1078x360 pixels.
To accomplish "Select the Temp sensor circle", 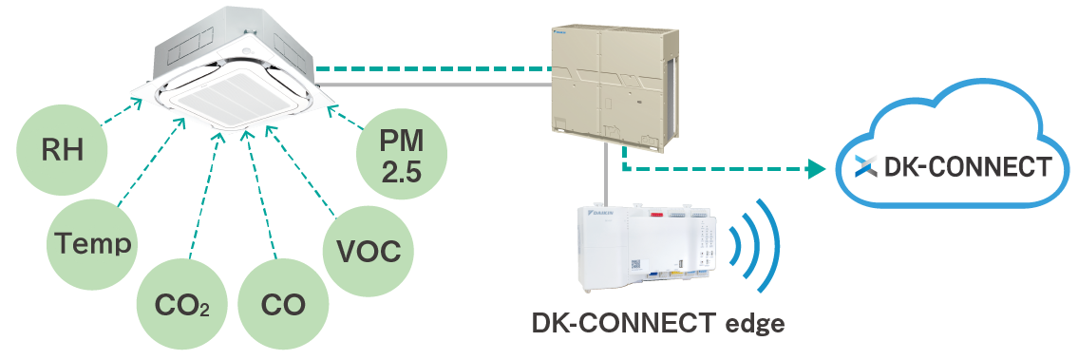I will point(92,243).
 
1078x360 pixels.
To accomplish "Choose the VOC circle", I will point(369,252).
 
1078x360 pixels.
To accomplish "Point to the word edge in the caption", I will point(752,323).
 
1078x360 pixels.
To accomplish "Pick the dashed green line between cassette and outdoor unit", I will point(432,68).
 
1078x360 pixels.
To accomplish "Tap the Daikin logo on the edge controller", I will point(603,216).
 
